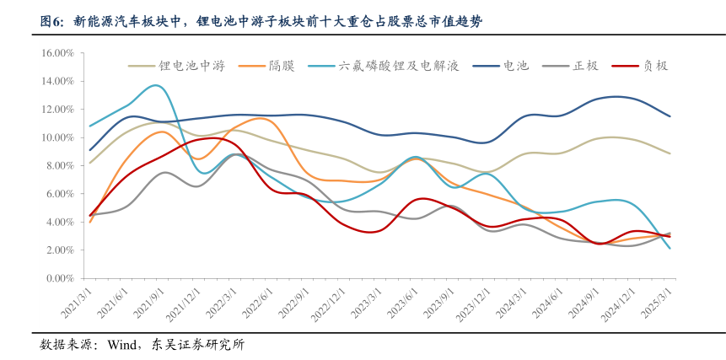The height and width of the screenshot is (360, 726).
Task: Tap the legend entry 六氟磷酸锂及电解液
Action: (398, 66)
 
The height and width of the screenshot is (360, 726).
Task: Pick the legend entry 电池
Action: (516, 66)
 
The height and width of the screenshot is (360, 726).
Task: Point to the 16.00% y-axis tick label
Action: (58, 53)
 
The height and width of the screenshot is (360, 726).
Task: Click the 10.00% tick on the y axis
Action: (58, 137)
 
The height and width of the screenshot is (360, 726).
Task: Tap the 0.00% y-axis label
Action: (61, 278)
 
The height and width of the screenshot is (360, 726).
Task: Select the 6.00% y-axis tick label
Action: (61, 194)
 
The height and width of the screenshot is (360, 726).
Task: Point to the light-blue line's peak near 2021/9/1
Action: (156, 85)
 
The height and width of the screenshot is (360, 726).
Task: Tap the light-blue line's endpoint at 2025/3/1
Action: (670, 249)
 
